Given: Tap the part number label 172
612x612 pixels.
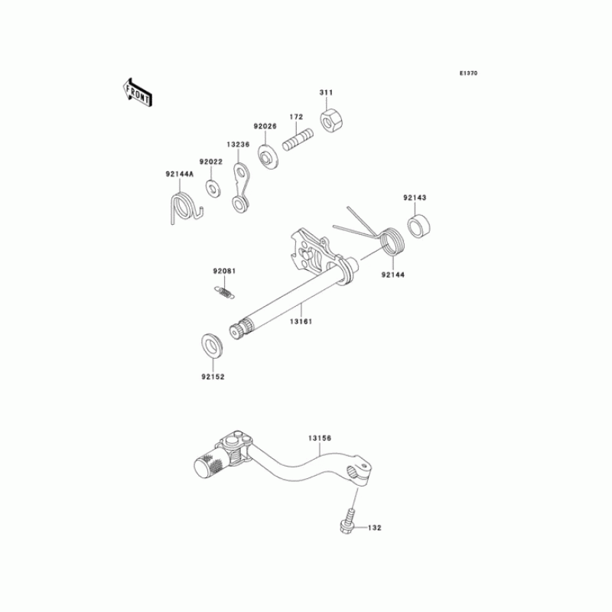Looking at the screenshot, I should [x=296, y=117].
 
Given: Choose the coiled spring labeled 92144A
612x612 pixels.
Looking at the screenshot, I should [x=184, y=208].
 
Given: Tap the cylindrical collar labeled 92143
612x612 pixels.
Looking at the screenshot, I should [x=418, y=227].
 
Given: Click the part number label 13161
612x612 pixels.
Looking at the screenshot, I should [x=301, y=321].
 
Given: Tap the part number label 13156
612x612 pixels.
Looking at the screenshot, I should [x=320, y=438].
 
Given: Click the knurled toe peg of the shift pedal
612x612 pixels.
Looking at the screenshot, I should [x=207, y=463].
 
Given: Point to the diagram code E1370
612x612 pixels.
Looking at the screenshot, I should [x=468, y=73].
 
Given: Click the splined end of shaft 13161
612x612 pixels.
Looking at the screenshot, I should [x=240, y=333].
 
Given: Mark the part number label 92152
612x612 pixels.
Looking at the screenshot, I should [x=213, y=377].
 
